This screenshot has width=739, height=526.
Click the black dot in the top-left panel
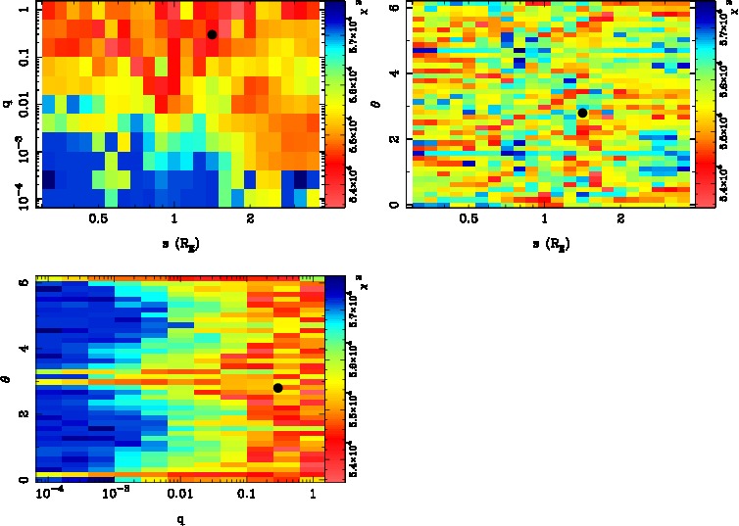212,34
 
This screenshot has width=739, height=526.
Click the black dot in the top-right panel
582,113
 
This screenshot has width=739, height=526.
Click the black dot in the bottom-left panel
278,388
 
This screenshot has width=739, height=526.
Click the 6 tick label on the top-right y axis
392,7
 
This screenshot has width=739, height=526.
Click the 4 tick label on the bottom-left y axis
22,350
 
